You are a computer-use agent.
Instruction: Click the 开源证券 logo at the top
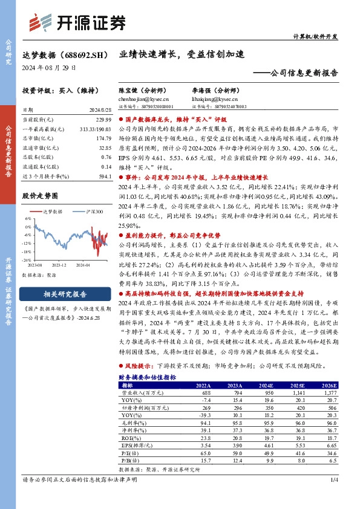79,22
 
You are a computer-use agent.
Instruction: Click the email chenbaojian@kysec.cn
145,97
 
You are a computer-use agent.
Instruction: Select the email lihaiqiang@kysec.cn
211,97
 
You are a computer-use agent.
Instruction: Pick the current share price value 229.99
104,120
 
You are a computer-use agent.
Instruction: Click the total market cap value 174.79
104,138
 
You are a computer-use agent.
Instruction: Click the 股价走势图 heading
40,196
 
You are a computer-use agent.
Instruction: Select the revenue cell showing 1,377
327,392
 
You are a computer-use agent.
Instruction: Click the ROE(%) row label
129,437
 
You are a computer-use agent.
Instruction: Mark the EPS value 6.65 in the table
329,444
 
